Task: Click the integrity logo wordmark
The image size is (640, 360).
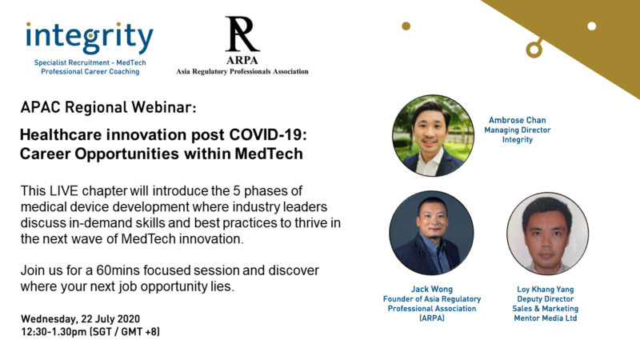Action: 90,38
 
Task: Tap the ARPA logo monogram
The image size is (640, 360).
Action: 242,34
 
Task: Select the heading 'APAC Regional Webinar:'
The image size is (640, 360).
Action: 108,107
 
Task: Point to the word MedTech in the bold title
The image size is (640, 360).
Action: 269,154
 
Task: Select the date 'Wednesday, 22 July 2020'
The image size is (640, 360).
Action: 81,318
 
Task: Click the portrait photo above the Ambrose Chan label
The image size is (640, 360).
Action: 433,136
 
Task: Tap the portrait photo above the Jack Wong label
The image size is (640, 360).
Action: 431,233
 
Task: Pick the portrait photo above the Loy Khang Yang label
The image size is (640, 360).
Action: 547,234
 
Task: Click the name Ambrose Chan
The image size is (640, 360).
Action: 517,120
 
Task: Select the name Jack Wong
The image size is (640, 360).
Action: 432,289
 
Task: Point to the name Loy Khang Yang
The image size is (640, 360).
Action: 546,289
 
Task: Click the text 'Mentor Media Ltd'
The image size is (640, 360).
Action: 546,318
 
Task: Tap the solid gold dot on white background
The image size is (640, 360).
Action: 406,26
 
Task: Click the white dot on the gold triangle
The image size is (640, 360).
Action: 591,26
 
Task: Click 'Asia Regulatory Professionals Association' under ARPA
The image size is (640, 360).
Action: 242,71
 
